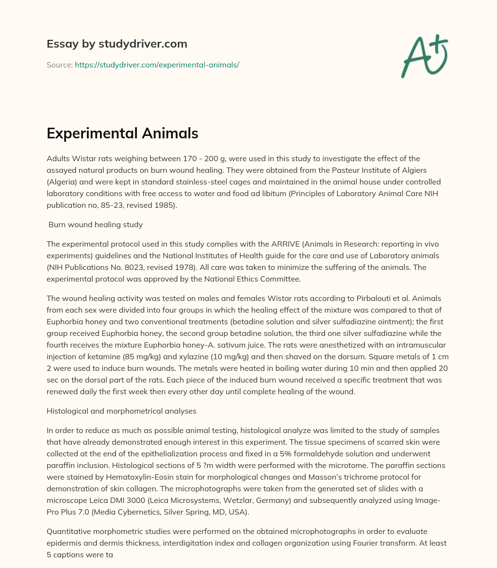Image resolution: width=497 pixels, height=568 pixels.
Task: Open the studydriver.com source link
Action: point(157,65)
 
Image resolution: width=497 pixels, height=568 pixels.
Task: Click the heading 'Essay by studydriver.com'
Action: point(116,44)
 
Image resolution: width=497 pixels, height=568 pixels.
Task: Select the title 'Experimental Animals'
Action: point(122,133)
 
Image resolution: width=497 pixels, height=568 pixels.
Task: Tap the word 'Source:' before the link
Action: point(59,65)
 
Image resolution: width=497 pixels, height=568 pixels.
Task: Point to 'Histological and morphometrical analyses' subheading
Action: point(121,411)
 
